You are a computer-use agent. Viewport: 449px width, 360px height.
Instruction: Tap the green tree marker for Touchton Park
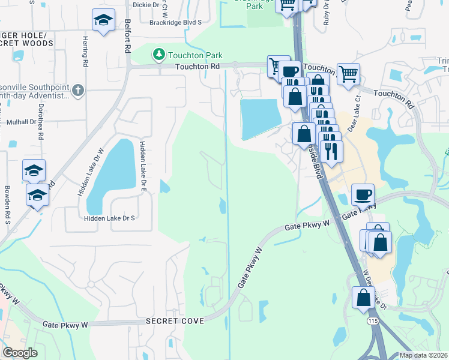pyautogui.click(x=159, y=55)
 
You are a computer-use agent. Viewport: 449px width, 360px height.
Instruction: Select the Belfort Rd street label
pyautogui.click(x=127, y=37)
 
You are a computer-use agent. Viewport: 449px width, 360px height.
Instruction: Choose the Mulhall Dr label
pyautogui.click(x=22, y=122)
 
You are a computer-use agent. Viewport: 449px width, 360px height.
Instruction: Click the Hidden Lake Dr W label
pyautogui.click(x=83, y=172)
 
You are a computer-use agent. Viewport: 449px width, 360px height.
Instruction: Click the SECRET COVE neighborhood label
pyautogui.click(x=175, y=321)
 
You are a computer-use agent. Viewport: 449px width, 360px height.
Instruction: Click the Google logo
pyautogui.click(x=20, y=353)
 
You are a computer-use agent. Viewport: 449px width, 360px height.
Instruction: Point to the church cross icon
pyautogui.click(x=77, y=91)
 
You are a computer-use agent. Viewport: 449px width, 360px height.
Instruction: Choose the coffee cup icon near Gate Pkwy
pyautogui.click(x=363, y=196)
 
